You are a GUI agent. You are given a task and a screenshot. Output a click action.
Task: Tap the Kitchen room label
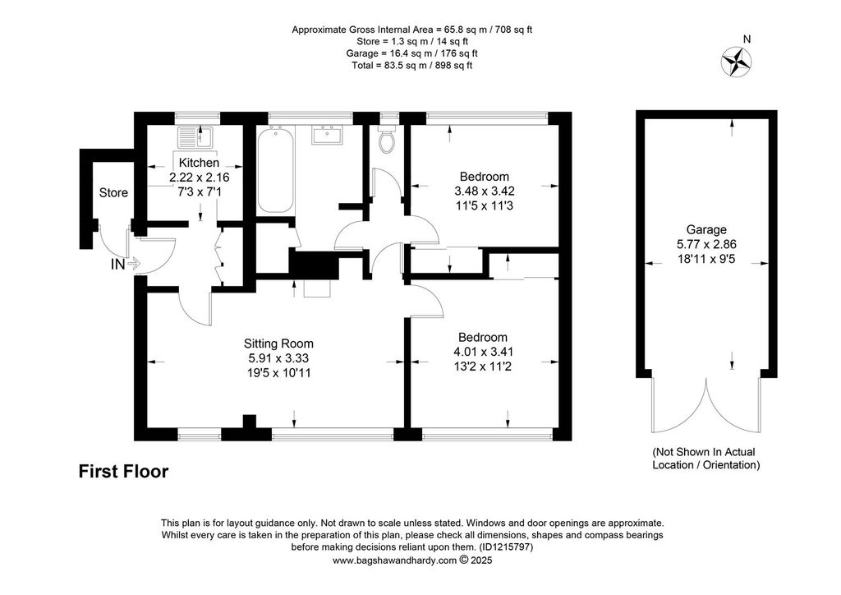coord(199,163)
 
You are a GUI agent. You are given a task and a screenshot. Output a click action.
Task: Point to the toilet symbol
coord(388,140)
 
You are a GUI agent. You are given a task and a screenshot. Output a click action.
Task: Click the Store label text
coord(113,193)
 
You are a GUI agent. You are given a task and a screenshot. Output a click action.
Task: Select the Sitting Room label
coord(278,344)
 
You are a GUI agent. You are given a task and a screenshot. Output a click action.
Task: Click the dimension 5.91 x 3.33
coord(278,357)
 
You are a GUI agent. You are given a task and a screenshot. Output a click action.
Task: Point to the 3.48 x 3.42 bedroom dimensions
coord(484,191)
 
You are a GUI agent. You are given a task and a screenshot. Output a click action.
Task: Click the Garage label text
coord(706,230)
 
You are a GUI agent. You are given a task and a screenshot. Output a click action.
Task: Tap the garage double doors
coord(706,407)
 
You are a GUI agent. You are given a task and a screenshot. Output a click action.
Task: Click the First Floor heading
coord(123,472)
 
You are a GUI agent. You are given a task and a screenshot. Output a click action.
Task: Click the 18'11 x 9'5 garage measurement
coord(706,258)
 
